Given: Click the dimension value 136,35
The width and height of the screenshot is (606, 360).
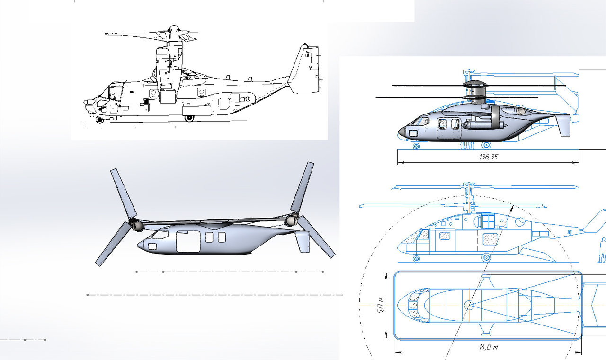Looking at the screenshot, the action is (488, 157).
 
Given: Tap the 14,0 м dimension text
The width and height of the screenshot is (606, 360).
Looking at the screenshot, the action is (488, 347).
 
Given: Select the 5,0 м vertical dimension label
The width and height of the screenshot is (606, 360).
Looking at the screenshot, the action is (380, 306).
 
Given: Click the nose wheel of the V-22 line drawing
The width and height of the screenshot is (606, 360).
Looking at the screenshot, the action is (99, 120).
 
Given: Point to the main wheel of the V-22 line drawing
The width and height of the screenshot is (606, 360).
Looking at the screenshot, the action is (189, 118).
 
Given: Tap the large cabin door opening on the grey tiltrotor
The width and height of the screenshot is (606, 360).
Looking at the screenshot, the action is (188, 242).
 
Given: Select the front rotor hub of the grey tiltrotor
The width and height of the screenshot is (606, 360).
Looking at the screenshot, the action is (137, 225).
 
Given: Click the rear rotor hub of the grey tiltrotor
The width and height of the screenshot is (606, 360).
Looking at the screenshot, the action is (292, 220).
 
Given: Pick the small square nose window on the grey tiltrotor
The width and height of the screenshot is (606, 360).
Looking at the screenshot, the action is (152, 246).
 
